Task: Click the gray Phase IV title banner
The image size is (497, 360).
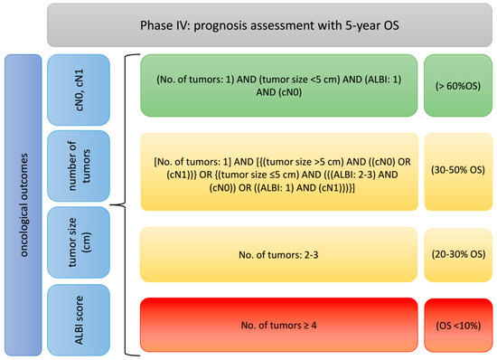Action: pyautogui.click(x=270, y=25)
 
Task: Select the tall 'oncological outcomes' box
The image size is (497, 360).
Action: pyautogui.click(x=23, y=205)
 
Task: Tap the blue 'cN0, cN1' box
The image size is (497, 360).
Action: pyautogui.click(x=79, y=90)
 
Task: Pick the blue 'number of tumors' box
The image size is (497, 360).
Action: pyautogui.click(x=79, y=166)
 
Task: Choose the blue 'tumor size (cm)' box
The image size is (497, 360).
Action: pyautogui.click(x=79, y=242)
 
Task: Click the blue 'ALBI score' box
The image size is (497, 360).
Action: pyautogui.click(x=79, y=320)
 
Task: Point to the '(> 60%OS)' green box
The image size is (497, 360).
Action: pyautogui.click(x=458, y=86)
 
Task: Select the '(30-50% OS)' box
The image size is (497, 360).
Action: pyautogui.click(x=458, y=172)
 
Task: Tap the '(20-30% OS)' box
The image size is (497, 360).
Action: pyautogui.click(x=458, y=255)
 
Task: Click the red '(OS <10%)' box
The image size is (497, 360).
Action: pyautogui.click(x=458, y=325)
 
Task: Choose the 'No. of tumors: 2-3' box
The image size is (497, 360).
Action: pyautogui.click(x=278, y=254)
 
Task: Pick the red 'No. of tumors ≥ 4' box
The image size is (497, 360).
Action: pyautogui.click(x=279, y=325)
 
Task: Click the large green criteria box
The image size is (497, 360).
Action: pyautogui.click(x=279, y=86)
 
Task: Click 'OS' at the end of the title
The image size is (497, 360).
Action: pyautogui.click(x=391, y=25)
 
